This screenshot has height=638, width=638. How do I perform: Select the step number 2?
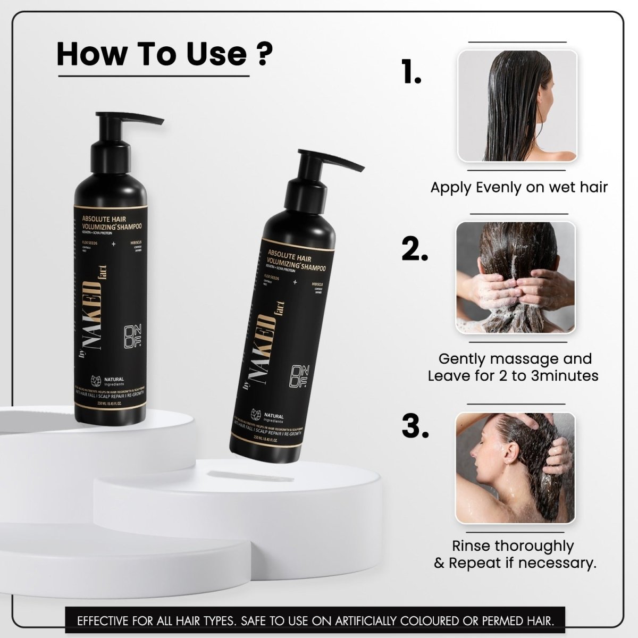[415, 248]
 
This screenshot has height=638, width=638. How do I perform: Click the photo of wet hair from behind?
[517, 106]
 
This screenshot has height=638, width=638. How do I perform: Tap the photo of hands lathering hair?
[515, 278]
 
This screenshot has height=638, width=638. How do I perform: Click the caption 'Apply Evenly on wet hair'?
[518, 187]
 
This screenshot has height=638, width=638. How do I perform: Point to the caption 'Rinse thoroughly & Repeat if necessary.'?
[515, 554]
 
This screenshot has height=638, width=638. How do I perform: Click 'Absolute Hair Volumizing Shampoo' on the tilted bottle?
[295, 258]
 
